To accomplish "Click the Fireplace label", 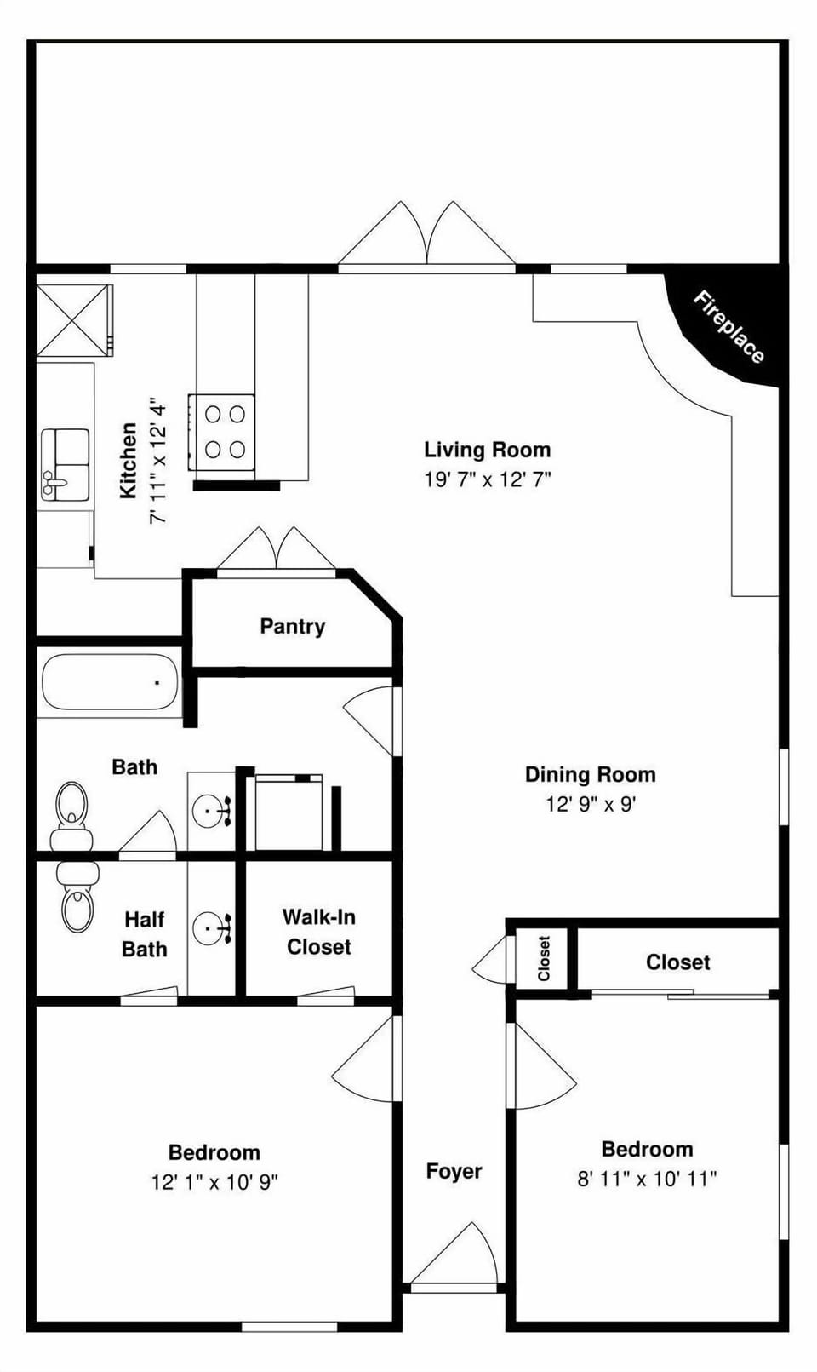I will (728, 327).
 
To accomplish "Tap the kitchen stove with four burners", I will (222, 432).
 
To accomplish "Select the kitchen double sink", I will (66, 463).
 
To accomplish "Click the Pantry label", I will (292, 627).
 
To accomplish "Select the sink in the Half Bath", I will (210, 927).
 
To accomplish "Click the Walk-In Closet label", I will (319, 932).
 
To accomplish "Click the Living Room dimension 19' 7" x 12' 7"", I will (488, 479).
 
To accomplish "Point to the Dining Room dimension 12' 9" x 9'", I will (591, 804).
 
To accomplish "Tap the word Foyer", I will (454, 1172).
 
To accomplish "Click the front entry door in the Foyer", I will (455, 1256).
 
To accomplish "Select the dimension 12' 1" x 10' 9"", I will (214, 1182).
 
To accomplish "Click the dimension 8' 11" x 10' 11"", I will (647, 1179).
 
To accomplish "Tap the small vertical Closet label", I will (545, 958).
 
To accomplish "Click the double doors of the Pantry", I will (276, 552).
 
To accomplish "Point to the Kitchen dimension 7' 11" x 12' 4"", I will (157, 460).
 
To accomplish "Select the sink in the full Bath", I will (210, 812).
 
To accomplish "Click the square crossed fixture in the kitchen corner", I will (74, 320).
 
